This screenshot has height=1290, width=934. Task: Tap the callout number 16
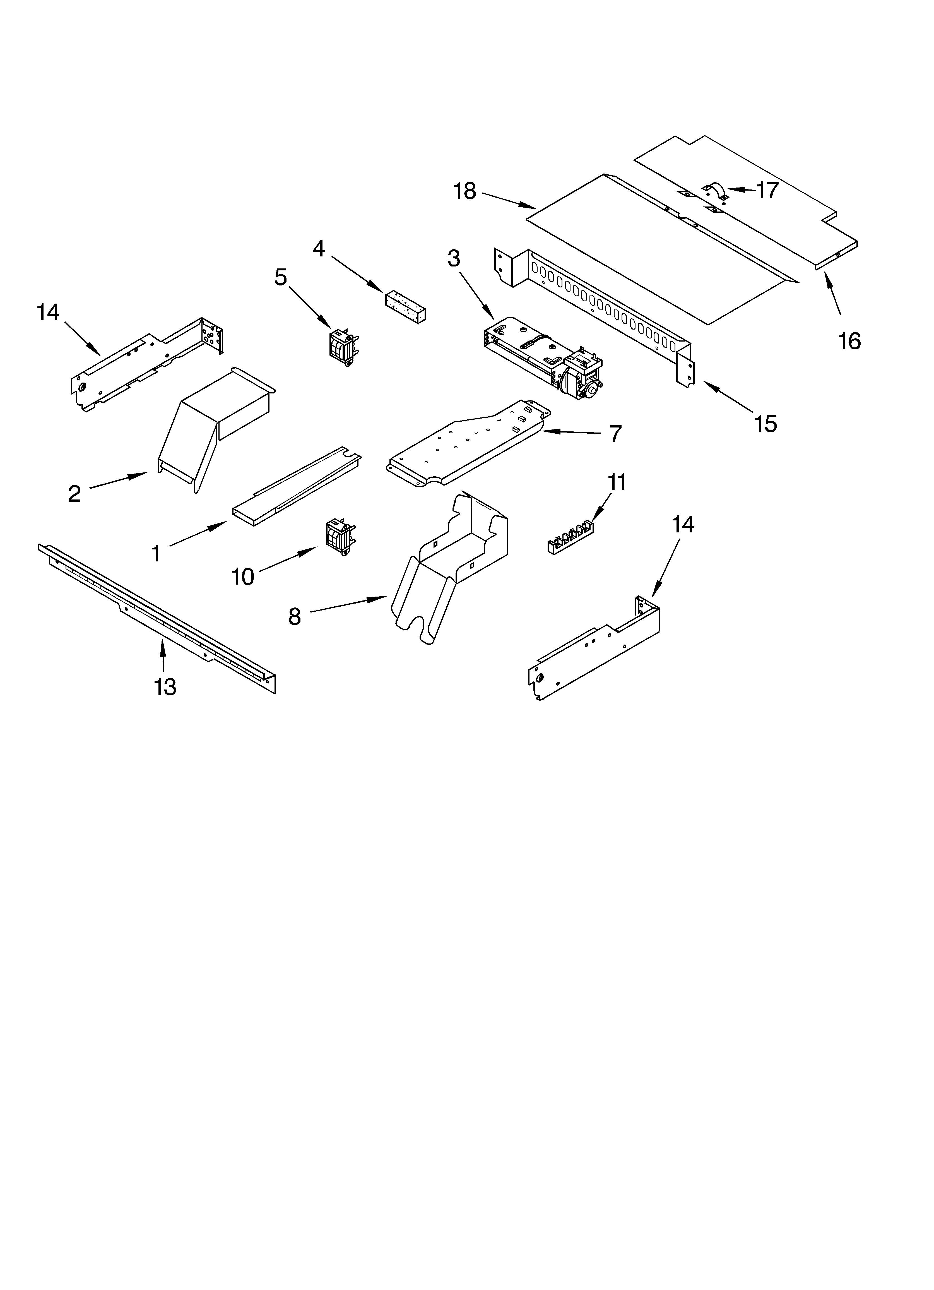[x=849, y=341]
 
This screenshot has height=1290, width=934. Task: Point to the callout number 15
[x=766, y=424]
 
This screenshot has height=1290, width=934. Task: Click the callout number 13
[x=165, y=687]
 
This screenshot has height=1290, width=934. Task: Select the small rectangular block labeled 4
[x=406, y=308]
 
